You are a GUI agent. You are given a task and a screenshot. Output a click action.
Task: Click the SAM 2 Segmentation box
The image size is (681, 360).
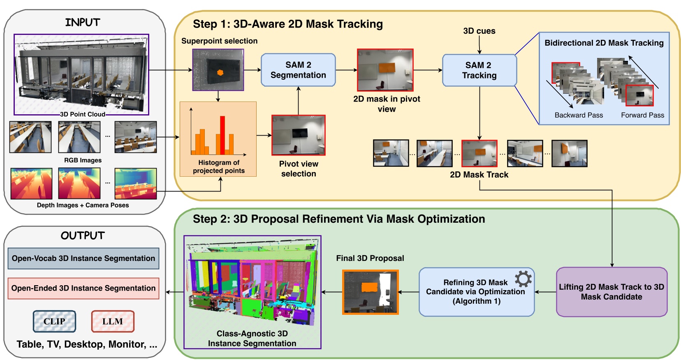[x=298, y=70]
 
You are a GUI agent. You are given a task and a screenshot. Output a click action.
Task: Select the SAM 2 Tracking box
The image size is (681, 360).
[x=479, y=70]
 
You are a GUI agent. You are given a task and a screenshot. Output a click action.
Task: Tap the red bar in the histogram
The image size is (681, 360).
[x=222, y=136]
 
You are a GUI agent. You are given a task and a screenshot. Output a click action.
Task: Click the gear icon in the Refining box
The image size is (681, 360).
[x=523, y=279]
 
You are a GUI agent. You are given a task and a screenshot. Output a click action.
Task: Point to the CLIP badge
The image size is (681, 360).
[x=55, y=321]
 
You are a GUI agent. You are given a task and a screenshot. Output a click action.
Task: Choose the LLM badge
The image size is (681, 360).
[x=113, y=321]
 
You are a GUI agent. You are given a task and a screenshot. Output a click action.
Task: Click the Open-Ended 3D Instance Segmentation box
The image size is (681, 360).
[x=83, y=288]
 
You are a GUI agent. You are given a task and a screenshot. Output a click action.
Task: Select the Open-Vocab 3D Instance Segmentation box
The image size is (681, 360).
[x=83, y=258]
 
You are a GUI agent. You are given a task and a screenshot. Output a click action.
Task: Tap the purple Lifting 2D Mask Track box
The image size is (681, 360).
[x=612, y=292]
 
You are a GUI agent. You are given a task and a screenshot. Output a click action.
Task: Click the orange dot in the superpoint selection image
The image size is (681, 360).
[x=220, y=73]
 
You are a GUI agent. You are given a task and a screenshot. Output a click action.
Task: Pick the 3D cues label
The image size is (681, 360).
[x=479, y=31]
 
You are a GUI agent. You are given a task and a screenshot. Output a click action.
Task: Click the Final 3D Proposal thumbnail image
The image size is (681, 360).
[x=371, y=292]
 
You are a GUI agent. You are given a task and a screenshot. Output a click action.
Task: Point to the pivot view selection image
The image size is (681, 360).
[x=299, y=135]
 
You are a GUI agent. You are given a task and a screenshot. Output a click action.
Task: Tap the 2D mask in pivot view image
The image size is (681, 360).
[x=385, y=70]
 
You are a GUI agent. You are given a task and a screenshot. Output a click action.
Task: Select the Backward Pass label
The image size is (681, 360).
[x=579, y=115]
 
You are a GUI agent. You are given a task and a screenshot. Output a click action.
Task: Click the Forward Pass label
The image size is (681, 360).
[x=642, y=115]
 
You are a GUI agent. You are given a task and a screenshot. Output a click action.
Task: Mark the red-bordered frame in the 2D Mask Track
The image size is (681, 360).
[x=479, y=153]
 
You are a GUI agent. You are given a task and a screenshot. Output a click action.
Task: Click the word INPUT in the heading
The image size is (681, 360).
[x=83, y=22]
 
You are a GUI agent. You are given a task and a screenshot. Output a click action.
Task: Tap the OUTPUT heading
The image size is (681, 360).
[x=83, y=235]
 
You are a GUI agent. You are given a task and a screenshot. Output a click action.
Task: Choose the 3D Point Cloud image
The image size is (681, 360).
[x=81, y=74]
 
